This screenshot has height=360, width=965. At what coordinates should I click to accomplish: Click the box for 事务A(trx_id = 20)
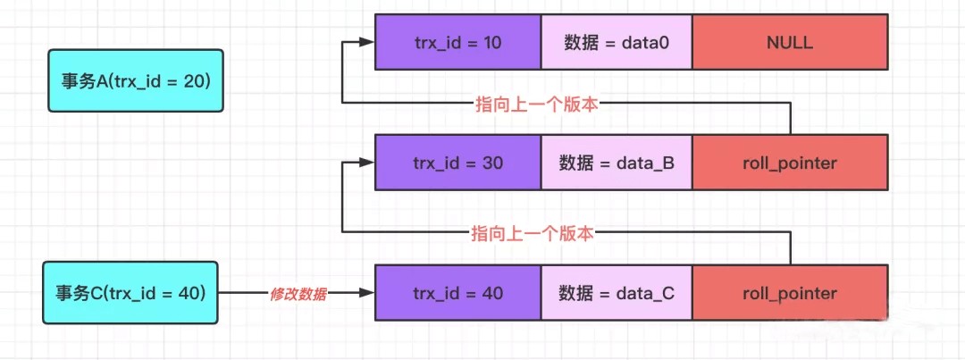[x=133, y=81]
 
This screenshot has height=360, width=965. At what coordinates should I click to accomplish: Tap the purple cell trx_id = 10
[x=457, y=42]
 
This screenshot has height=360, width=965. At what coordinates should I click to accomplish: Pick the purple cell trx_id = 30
[x=457, y=163]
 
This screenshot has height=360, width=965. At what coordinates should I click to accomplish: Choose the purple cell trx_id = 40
[x=457, y=293]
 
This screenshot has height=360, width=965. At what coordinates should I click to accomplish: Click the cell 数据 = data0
[x=616, y=42]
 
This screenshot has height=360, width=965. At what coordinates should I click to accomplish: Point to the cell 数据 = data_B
[x=616, y=163]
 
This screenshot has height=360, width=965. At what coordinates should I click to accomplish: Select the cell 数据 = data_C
[x=616, y=293]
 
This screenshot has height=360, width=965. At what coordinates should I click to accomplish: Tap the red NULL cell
[x=790, y=42]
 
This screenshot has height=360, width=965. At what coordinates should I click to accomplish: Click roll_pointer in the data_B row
[x=790, y=163]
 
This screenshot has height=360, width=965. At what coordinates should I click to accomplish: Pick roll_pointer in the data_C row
[x=790, y=293]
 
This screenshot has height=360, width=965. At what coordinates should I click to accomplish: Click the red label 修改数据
[x=298, y=293]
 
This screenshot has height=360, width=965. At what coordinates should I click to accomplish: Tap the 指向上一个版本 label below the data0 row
[x=536, y=104]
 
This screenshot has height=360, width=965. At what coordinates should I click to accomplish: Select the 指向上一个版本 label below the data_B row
[x=533, y=234]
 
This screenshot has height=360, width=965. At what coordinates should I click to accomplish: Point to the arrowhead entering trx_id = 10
[x=366, y=42]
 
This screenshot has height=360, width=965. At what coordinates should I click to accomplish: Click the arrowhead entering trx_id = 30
[x=366, y=163]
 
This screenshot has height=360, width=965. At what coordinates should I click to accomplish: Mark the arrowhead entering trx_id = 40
[x=366, y=293]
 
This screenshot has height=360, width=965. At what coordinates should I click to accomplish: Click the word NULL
[x=790, y=42]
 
